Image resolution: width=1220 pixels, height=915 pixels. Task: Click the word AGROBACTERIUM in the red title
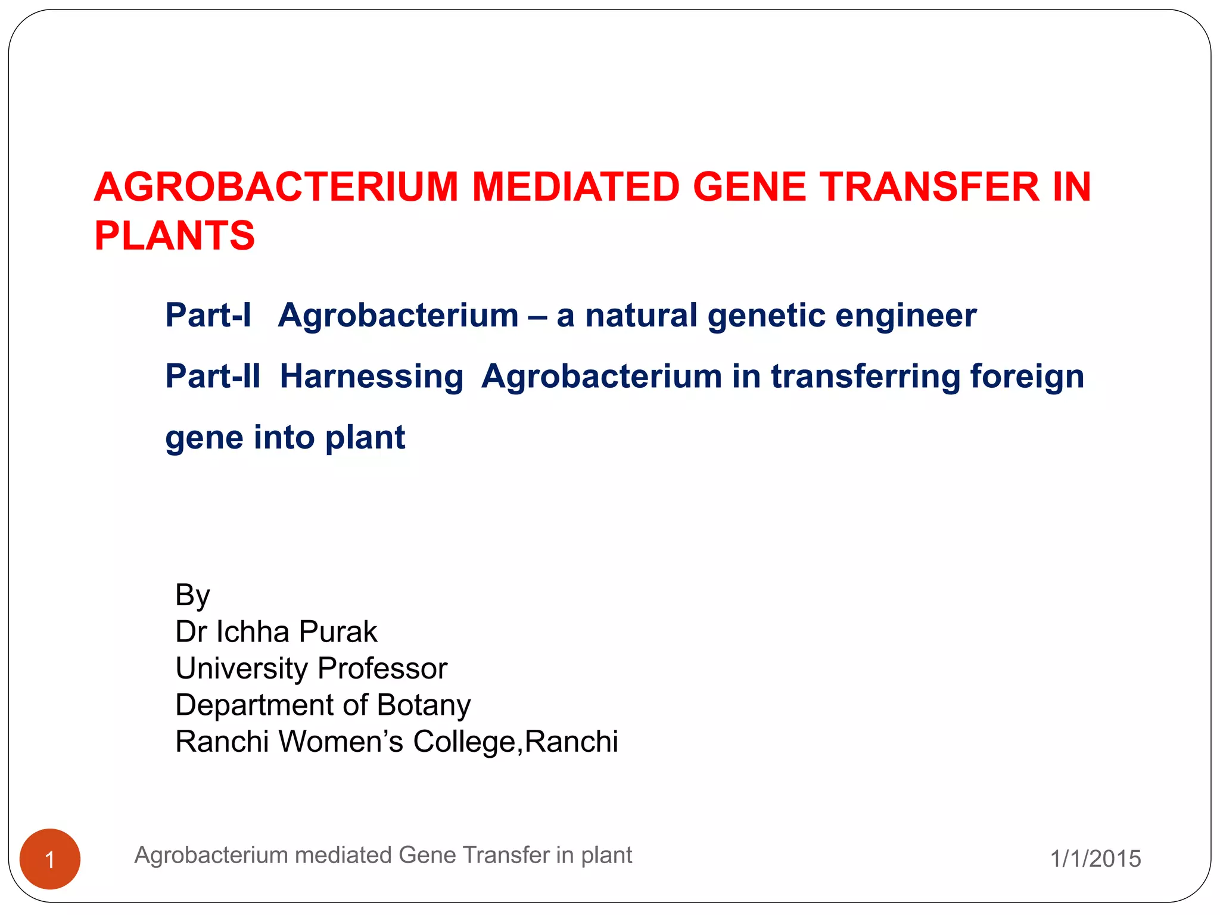tap(276, 188)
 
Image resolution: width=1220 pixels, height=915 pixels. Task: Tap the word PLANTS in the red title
tap(175, 236)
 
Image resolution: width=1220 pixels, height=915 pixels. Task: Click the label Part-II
tap(213, 376)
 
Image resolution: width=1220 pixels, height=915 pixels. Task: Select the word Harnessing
tap(371, 378)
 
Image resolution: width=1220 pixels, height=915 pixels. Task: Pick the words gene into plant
tap(285, 438)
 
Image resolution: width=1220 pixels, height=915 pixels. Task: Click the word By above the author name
tap(192, 595)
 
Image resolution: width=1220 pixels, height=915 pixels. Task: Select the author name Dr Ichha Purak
tap(276, 631)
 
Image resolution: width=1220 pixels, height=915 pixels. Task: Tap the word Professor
tap(382, 668)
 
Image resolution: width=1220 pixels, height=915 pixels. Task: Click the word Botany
tap(424, 705)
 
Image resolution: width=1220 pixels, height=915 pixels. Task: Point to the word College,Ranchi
tap(515, 742)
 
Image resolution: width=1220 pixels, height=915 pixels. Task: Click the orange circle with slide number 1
tap(50, 859)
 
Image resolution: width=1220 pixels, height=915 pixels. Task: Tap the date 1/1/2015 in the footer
tap(1095, 859)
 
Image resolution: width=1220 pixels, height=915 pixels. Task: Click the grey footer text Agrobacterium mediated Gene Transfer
tap(382, 855)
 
